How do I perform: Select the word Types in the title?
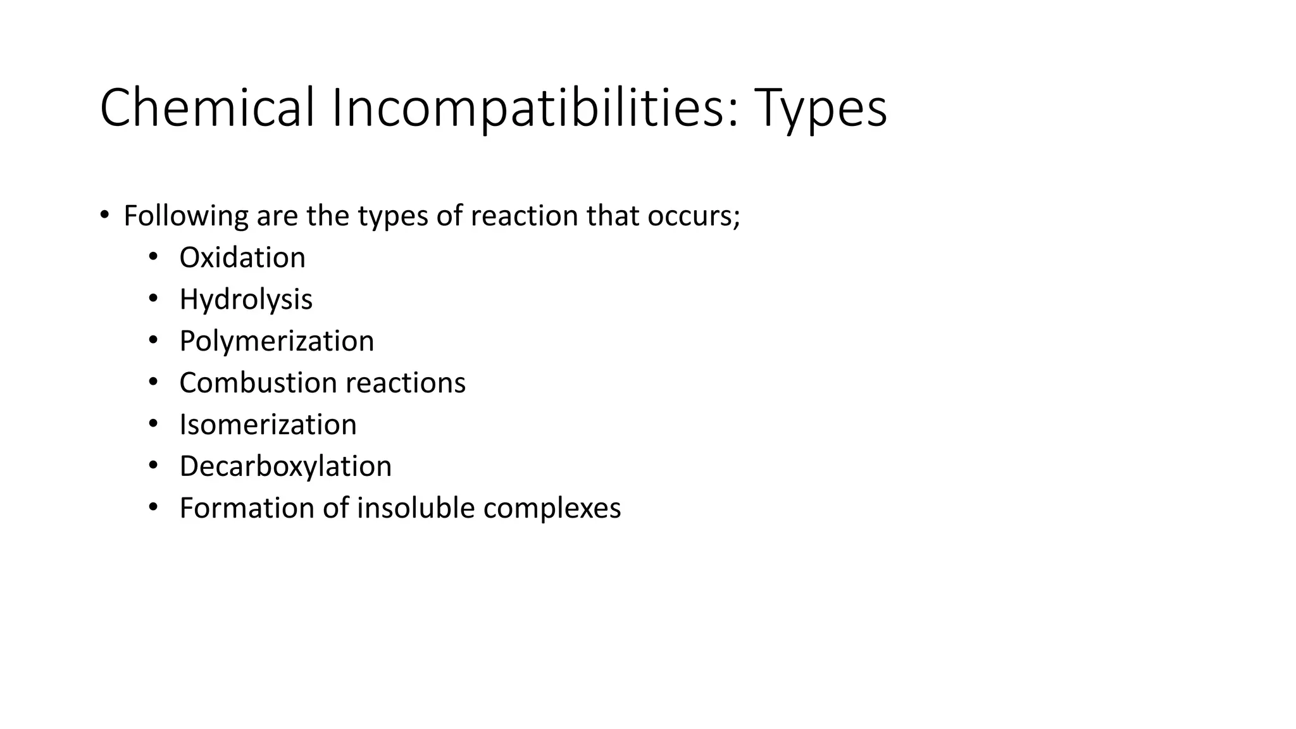(x=820, y=109)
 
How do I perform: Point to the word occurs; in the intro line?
(x=694, y=216)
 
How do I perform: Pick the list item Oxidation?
(x=242, y=258)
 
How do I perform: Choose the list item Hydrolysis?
(x=246, y=299)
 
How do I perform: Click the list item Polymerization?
(x=277, y=341)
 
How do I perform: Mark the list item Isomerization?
(x=268, y=425)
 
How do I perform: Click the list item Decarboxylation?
(x=285, y=466)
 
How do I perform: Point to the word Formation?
(x=247, y=508)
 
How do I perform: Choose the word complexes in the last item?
(x=552, y=508)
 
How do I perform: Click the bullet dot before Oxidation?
(x=153, y=256)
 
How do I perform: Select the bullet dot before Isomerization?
(x=153, y=423)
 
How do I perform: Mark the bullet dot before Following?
(x=104, y=215)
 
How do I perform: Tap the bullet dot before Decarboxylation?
(x=153, y=465)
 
